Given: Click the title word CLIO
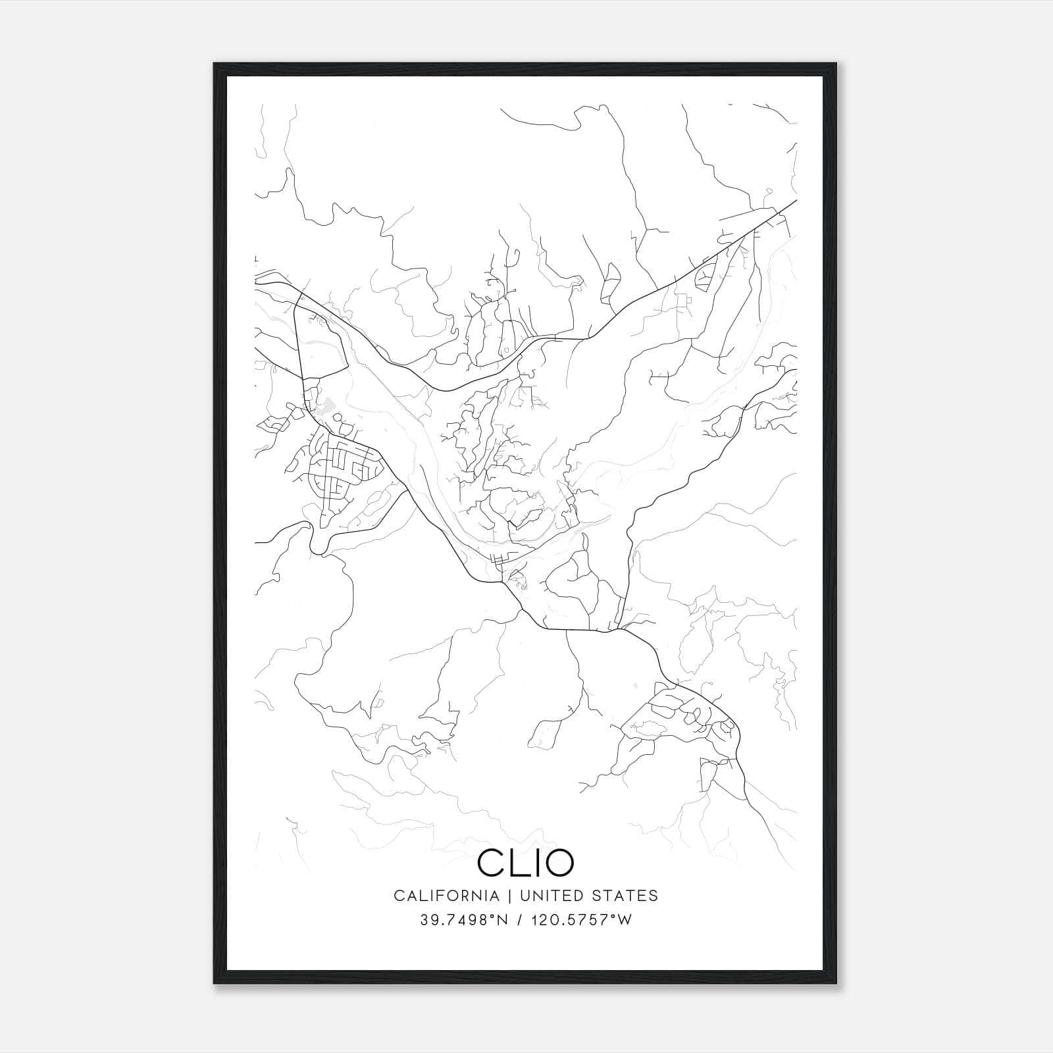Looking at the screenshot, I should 525,862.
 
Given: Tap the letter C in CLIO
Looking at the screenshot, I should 491,862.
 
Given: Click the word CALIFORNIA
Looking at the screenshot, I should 446,896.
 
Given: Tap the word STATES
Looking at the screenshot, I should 625,896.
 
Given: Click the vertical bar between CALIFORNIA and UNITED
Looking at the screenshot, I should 509,896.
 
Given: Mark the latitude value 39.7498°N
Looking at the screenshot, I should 463,919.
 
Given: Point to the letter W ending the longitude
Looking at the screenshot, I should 625,919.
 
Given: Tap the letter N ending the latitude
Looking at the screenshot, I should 503,919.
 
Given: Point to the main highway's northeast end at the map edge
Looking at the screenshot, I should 795,200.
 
